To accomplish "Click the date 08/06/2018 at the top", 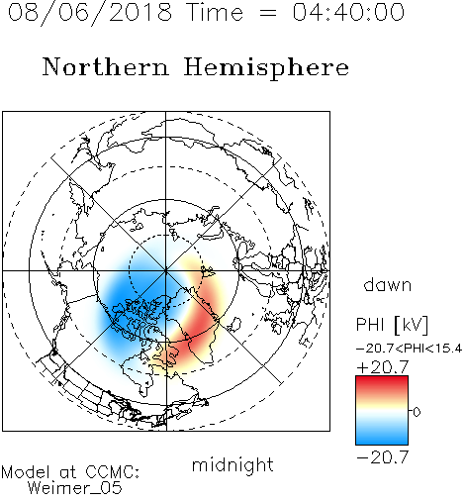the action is pos(90,13).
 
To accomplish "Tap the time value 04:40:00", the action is pos(348,12).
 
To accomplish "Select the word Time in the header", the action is pos(215,12).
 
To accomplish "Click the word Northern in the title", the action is pos(106,66).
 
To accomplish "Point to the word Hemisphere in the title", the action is pos(266,67).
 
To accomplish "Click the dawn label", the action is pos(388,284).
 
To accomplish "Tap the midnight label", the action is pos(232,465).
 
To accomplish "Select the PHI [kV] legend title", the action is pos(392,325).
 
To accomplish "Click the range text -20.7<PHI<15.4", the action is pos(410,349).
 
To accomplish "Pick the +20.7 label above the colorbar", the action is pos(383,367).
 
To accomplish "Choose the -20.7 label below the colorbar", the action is pos(383,457).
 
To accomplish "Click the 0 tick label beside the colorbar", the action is pos(417,412).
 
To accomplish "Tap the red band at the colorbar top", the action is pos(382,382).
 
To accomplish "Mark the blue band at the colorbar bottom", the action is pos(382,438).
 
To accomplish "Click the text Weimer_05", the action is pos(75,488).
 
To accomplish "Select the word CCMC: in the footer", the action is pos(112,472).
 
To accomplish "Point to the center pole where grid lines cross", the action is pos(166,270).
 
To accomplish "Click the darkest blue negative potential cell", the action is pos(132,305).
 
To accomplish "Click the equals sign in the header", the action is pos(268,13).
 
